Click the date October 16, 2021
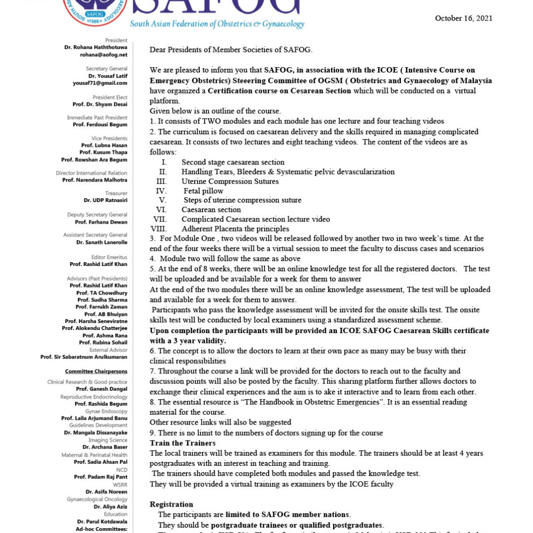pos(463,18)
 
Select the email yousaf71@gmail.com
pos(100,83)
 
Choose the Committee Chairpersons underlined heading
pos(96,371)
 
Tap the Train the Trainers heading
pos(183,443)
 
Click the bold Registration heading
pos(171,505)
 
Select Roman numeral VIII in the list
pos(160,229)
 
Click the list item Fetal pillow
pos(203,191)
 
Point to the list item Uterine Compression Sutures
pos(222,181)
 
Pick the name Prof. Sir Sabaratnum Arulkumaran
pos(84,357)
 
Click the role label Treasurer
pos(116,193)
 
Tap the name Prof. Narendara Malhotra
pos(95,180)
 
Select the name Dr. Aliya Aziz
pos(110,507)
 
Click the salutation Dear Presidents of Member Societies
pos(231,50)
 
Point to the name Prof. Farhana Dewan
pos(101,222)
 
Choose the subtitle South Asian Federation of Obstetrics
pos(217,24)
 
